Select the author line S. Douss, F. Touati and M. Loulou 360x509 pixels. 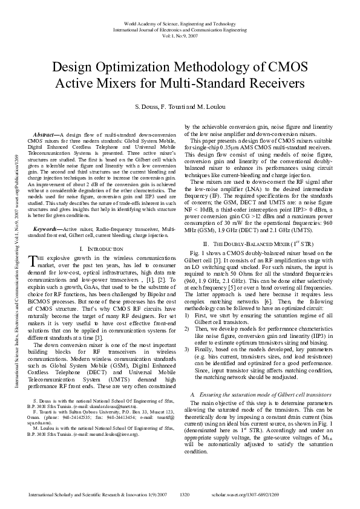[x=180, y=107]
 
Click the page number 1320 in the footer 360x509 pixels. [x=185, y=494]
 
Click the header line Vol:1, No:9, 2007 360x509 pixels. [x=180, y=34]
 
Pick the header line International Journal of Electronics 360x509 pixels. [x=180, y=28]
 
